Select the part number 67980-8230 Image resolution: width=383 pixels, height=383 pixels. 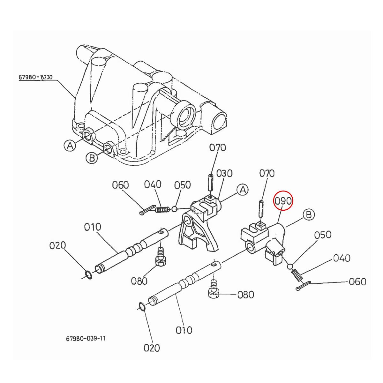[35, 77]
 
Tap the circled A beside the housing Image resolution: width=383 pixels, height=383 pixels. [70, 146]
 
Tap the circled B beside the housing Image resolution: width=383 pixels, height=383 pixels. [92, 158]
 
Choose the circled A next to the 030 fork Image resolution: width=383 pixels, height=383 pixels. [243, 190]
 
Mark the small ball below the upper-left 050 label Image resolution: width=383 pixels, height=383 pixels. [174, 209]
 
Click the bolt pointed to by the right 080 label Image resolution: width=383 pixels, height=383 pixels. [213, 291]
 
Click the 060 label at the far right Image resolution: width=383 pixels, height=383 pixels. [357, 282]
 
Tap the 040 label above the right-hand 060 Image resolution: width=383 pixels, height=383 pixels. [342, 258]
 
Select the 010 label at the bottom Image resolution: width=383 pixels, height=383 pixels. [184, 329]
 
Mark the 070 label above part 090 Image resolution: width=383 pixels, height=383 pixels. [267, 173]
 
